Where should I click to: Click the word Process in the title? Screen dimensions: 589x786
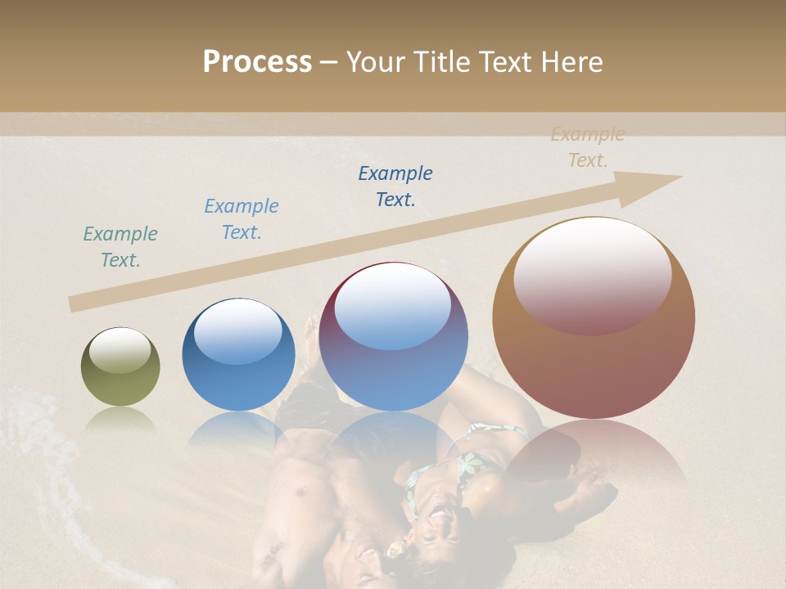click(x=257, y=61)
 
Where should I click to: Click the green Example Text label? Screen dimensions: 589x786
click(x=120, y=246)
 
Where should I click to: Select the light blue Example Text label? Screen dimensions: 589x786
click(x=242, y=218)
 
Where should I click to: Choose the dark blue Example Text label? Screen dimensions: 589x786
click(x=395, y=186)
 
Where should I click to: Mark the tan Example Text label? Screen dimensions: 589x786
click(x=588, y=146)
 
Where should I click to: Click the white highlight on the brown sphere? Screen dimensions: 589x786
click(x=593, y=274)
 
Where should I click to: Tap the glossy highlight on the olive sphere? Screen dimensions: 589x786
click(x=120, y=350)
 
